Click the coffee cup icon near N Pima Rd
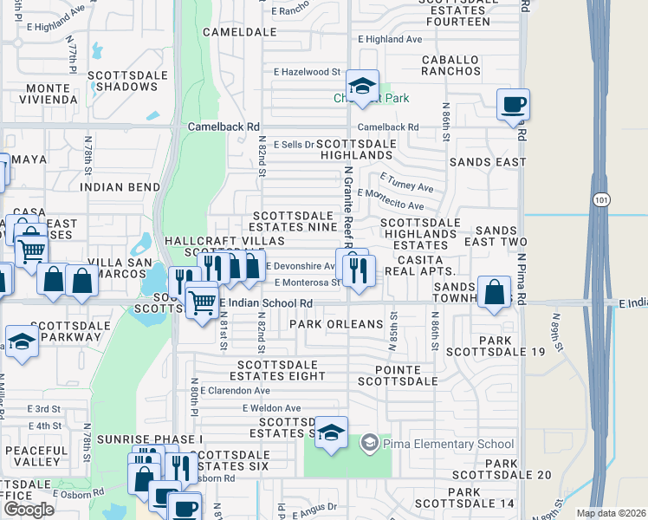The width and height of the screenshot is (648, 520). click(x=513, y=104)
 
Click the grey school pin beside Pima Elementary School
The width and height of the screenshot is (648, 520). click(x=368, y=443)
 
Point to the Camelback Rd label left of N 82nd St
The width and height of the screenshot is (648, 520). click(x=224, y=127)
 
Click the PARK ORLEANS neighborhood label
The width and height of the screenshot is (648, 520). click(x=336, y=324)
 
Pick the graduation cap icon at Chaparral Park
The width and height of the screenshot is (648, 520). click(x=361, y=86)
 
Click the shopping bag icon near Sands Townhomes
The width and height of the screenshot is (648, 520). click(x=494, y=292)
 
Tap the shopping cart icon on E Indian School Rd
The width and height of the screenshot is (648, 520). click(x=202, y=300)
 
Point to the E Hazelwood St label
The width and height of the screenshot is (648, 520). click(x=308, y=73)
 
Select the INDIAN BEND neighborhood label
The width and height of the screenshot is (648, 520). click(x=120, y=186)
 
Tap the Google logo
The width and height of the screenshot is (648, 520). click(x=29, y=510)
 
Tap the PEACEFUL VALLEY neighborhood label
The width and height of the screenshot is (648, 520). click(x=36, y=457)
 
